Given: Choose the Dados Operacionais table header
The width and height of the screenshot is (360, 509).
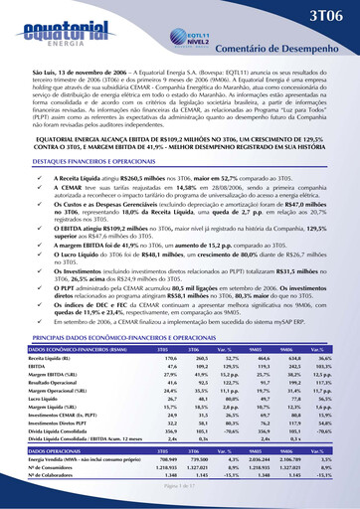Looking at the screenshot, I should (51, 476).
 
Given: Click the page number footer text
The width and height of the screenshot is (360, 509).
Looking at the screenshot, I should (180, 507).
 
